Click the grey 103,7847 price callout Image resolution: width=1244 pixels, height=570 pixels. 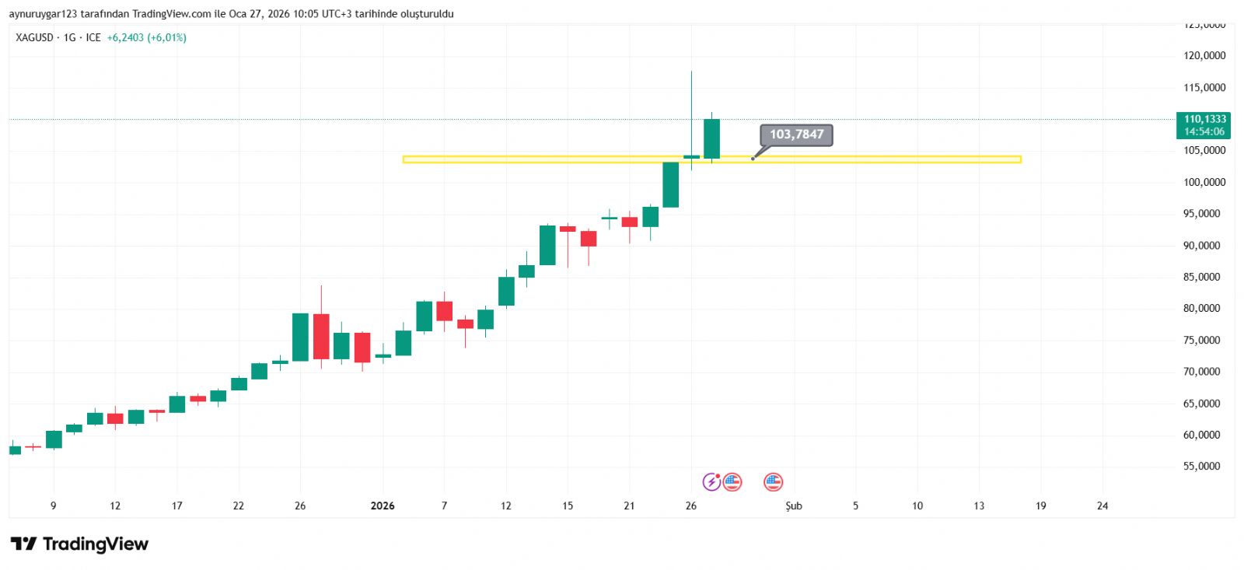click(x=796, y=135)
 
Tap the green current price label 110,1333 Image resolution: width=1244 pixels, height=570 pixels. click(x=1204, y=119)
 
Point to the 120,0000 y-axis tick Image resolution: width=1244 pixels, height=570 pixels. click(x=1204, y=56)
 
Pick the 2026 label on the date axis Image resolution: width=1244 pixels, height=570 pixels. click(x=383, y=506)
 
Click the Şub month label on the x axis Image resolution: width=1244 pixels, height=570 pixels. click(x=793, y=506)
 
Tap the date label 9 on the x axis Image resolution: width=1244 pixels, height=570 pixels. click(x=54, y=506)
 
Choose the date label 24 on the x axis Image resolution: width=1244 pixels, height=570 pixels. click(x=1102, y=506)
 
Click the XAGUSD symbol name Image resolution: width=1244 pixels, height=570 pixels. click(x=34, y=37)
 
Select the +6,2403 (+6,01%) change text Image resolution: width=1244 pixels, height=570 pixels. click(x=146, y=37)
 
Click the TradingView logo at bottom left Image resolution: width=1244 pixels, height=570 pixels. click(x=79, y=544)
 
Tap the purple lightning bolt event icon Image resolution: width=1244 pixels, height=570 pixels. click(x=711, y=482)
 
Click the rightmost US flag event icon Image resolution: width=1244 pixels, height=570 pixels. click(x=773, y=482)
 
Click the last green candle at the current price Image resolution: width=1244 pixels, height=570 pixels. click(x=711, y=138)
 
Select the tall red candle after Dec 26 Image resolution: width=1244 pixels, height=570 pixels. click(x=321, y=336)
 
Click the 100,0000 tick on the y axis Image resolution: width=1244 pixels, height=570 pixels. click(x=1204, y=182)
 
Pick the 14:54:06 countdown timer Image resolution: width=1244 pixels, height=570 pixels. click(x=1204, y=132)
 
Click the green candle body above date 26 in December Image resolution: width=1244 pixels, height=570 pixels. click(x=300, y=337)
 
